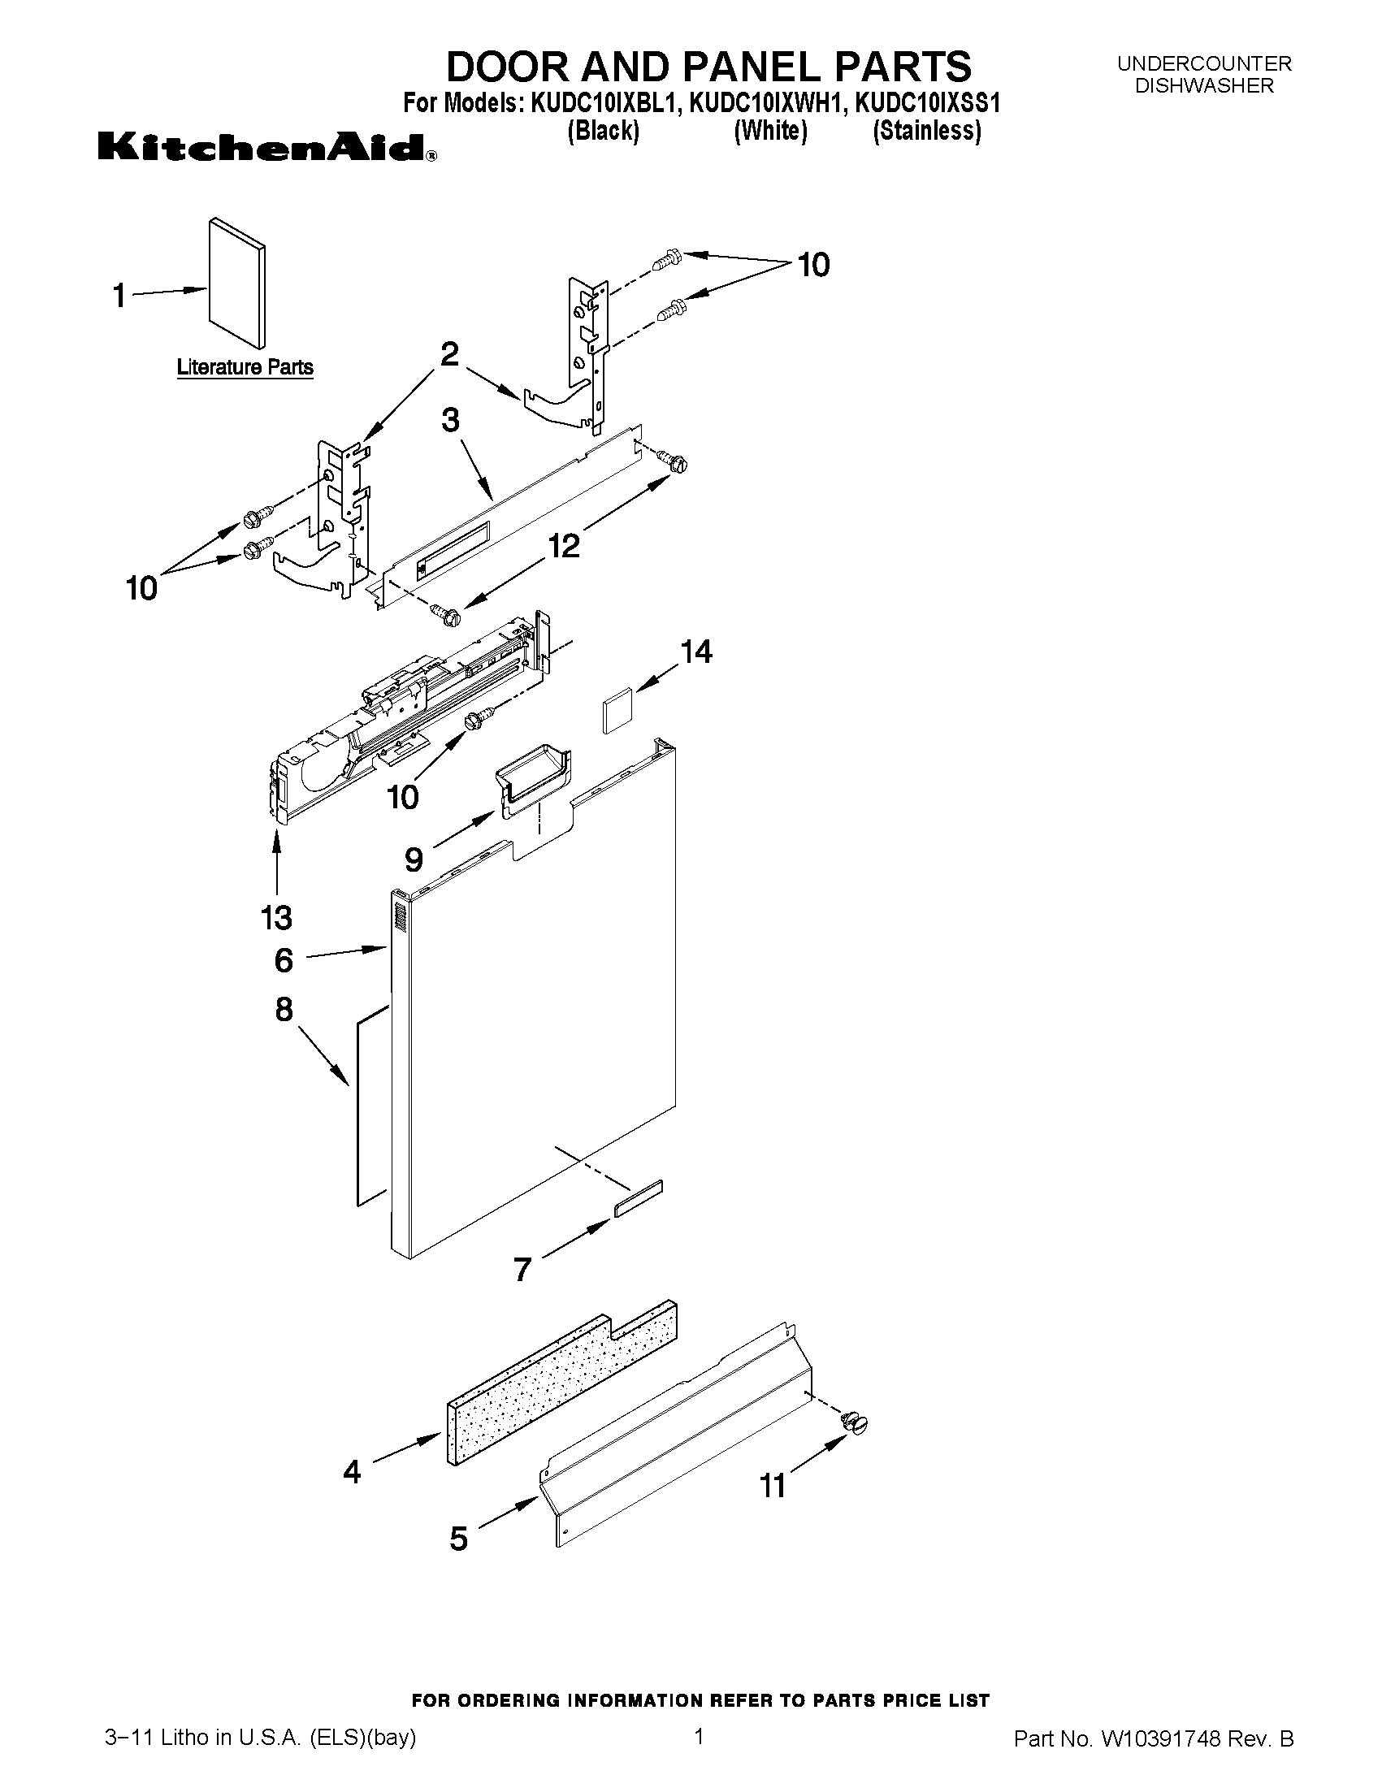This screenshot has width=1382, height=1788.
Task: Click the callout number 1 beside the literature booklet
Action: [119, 295]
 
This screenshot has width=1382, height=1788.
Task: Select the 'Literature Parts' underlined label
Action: [245, 367]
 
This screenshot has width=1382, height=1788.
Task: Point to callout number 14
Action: [696, 652]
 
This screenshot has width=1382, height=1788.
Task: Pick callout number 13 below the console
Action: [277, 918]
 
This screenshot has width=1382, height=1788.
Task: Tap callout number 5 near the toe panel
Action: [458, 1539]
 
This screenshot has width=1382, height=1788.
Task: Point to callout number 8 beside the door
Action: [284, 1010]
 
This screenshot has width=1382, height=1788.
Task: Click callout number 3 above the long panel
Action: [450, 420]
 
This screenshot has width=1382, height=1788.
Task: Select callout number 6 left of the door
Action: [284, 960]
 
